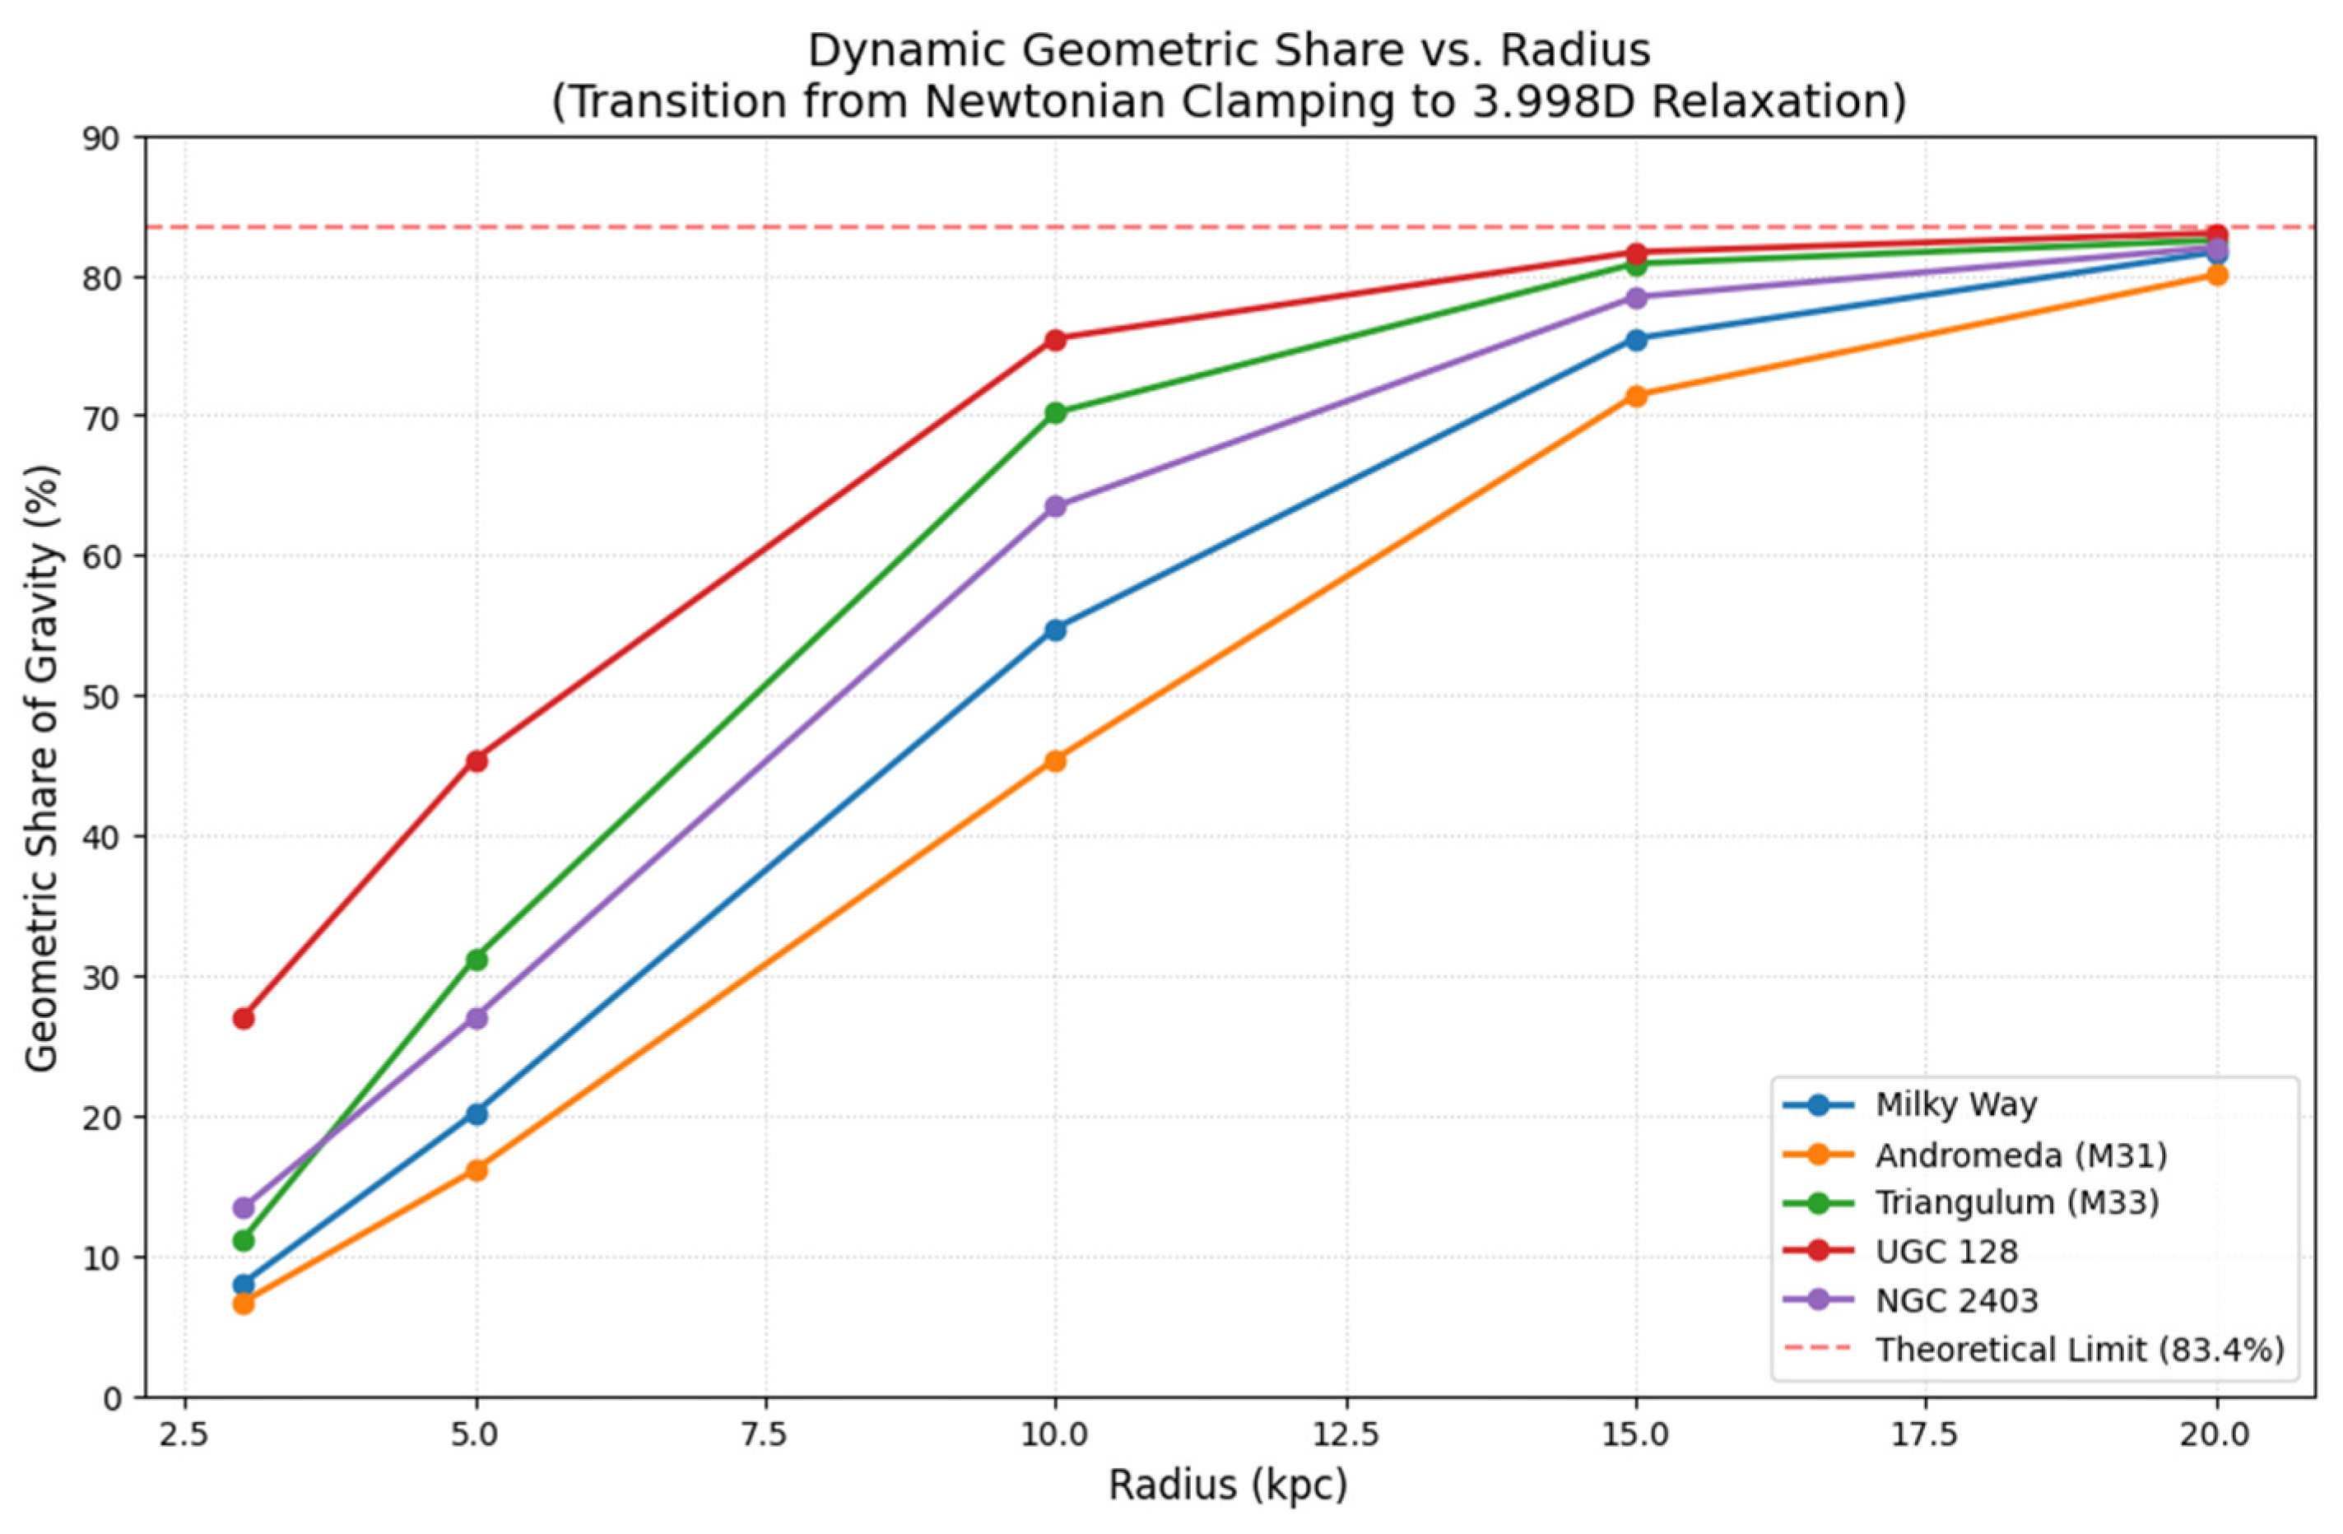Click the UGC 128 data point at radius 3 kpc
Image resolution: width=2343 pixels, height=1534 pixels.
tap(243, 1018)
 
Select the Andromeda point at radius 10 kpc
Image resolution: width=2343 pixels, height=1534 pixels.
tap(1055, 760)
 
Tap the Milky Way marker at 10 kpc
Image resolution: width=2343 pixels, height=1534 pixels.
tap(1055, 630)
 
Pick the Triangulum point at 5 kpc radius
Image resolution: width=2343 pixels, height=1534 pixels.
tap(477, 959)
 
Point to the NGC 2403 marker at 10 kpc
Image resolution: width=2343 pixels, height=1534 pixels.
tap(1055, 506)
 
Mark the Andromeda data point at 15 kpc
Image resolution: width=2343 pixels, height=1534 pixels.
tap(1636, 396)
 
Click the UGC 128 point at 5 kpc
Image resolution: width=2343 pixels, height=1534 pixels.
tap(477, 760)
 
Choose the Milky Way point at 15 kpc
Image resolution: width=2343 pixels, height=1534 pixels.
tap(1636, 340)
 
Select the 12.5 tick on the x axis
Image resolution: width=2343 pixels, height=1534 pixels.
tap(1346, 1434)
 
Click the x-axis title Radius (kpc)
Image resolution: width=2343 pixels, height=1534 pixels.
tap(1228, 1485)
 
